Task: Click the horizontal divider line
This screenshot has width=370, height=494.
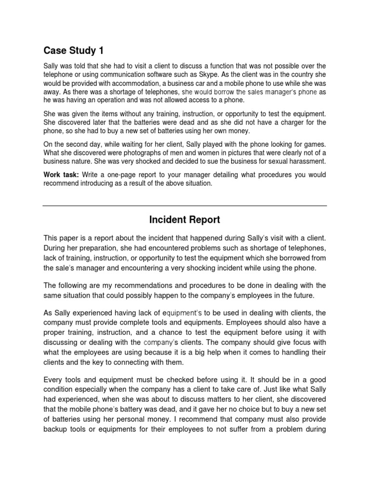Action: coord(185,206)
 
